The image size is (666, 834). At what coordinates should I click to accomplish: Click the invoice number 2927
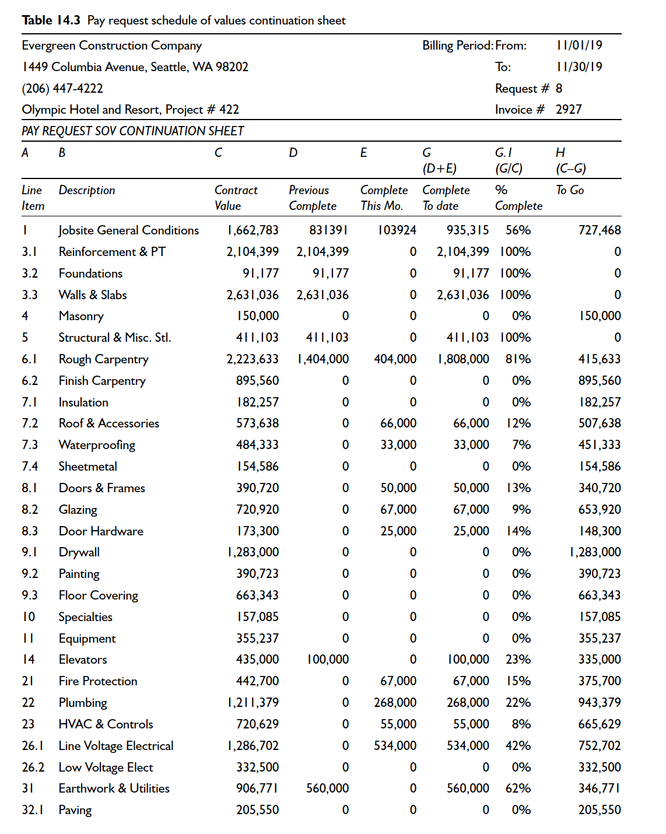[x=569, y=110]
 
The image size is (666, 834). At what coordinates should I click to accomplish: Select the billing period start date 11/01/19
[x=579, y=45]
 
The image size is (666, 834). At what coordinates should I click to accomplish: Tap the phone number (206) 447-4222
[x=62, y=89]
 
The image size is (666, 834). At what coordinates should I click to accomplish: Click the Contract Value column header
[x=236, y=198]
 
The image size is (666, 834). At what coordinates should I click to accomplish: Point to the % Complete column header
[x=518, y=198]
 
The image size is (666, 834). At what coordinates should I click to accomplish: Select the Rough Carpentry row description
[x=103, y=359]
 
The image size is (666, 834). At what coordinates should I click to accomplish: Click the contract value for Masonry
[x=257, y=316]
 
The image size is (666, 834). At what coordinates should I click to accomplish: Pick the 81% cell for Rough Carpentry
[x=518, y=359]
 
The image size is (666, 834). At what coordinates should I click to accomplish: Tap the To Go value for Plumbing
[x=599, y=703]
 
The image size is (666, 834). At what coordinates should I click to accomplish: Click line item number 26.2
[x=33, y=768]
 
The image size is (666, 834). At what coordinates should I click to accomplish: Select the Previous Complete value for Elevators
[x=328, y=660]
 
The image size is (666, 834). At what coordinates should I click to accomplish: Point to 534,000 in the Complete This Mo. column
[x=395, y=746]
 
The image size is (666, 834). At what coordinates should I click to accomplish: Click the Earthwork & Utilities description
[x=114, y=789]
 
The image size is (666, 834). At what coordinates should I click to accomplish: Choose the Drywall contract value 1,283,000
[x=253, y=552]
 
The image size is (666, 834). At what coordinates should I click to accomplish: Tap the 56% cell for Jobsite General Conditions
[x=518, y=230]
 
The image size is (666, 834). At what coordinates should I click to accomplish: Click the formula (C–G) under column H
[x=570, y=169]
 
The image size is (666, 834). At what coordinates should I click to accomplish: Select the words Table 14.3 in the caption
[x=51, y=20]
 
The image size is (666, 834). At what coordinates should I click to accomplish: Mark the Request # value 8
[x=559, y=89]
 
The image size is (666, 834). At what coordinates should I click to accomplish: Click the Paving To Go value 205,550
[x=599, y=810]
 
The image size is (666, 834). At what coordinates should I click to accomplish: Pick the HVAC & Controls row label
[x=106, y=724]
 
